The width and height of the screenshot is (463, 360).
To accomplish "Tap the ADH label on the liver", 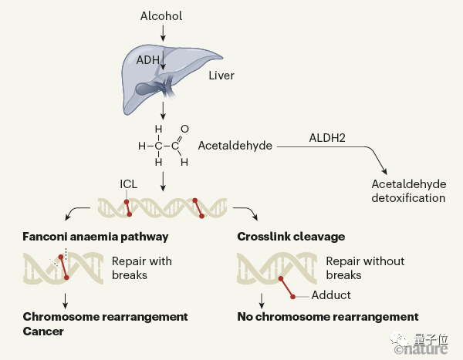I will (149, 59).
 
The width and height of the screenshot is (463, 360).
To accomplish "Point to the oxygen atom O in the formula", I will (184, 129).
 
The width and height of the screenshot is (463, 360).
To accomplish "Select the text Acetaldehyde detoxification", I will (408, 190).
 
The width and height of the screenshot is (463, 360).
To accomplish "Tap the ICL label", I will (129, 184).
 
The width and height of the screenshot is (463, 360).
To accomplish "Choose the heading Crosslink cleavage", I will (291, 237).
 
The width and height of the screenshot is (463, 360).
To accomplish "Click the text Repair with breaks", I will (141, 267).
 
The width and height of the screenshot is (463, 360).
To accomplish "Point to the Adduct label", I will (331, 295).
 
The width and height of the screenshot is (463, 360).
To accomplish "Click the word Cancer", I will (43, 331).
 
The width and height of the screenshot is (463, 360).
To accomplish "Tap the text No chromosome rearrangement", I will (328, 317).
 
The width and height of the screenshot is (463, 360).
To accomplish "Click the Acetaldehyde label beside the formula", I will (235, 146).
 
